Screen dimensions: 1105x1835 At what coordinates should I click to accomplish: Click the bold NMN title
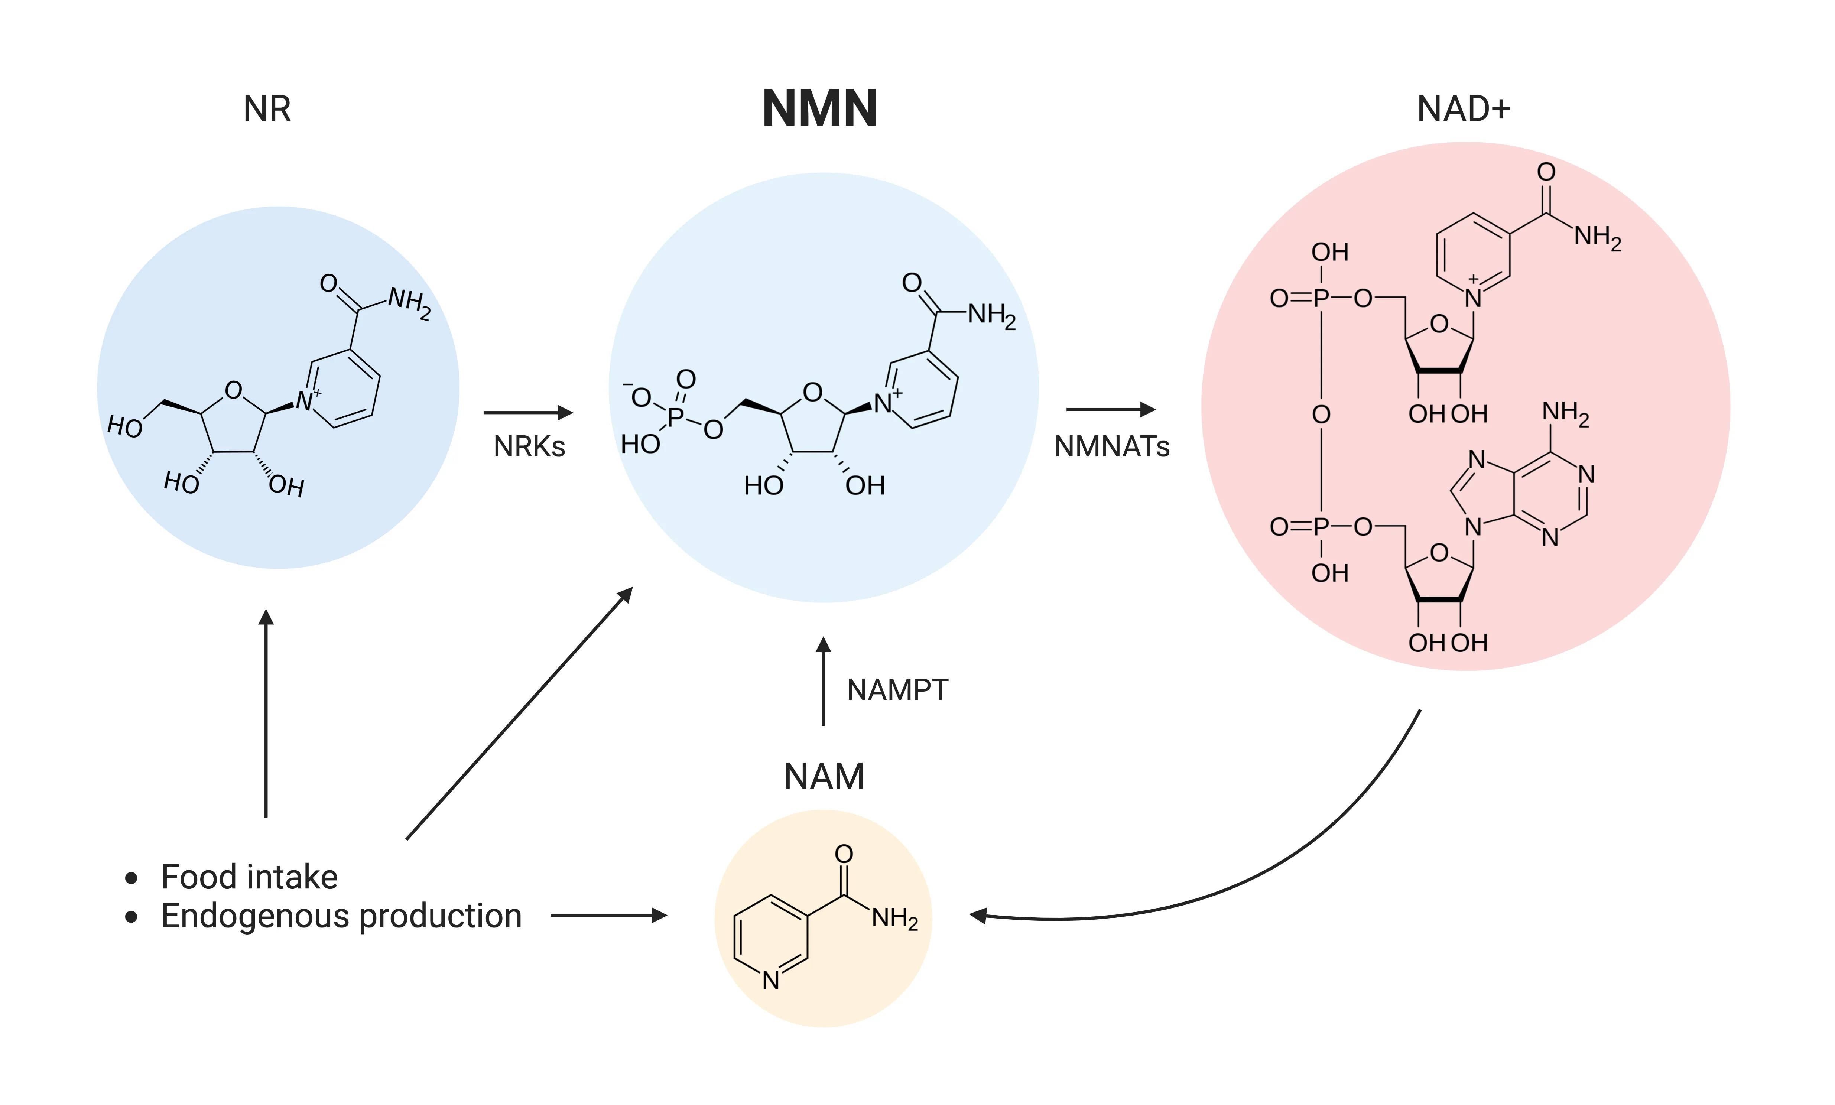tap(819, 109)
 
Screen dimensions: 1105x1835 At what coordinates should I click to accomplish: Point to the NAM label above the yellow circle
tap(823, 777)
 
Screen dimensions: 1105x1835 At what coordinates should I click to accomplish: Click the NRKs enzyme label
tap(529, 447)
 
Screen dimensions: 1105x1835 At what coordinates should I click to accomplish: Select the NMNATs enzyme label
tap(1111, 447)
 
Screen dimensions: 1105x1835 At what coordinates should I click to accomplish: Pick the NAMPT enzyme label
tap(897, 689)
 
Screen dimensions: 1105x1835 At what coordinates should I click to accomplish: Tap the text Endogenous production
tap(341, 916)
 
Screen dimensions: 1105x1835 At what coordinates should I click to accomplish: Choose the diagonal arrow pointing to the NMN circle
tap(519, 714)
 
